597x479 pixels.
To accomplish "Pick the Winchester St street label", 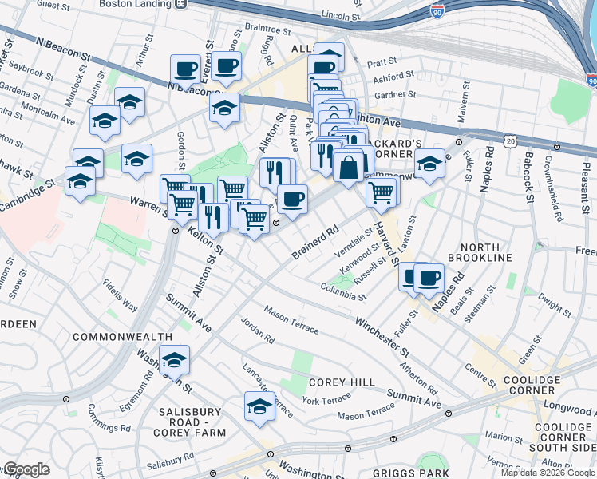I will [x=383, y=338].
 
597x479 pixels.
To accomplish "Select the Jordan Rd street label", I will [x=258, y=333].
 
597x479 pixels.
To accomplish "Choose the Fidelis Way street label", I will [x=119, y=295].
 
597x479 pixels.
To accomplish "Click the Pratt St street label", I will [x=382, y=61].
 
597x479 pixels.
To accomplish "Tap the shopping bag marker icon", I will [x=349, y=168].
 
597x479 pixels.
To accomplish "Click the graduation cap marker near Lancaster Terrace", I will [x=259, y=406].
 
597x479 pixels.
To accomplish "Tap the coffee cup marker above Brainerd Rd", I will [x=292, y=199].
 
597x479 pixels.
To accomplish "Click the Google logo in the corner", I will [x=26, y=469].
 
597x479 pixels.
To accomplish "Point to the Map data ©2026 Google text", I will [x=548, y=473].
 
